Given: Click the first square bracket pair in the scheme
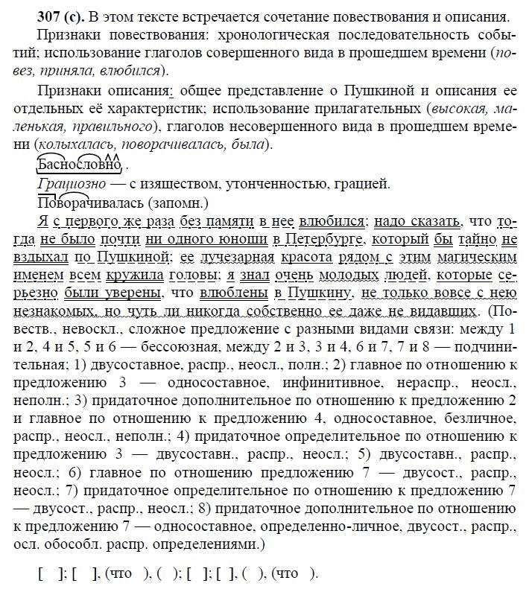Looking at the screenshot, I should point(46,573).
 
